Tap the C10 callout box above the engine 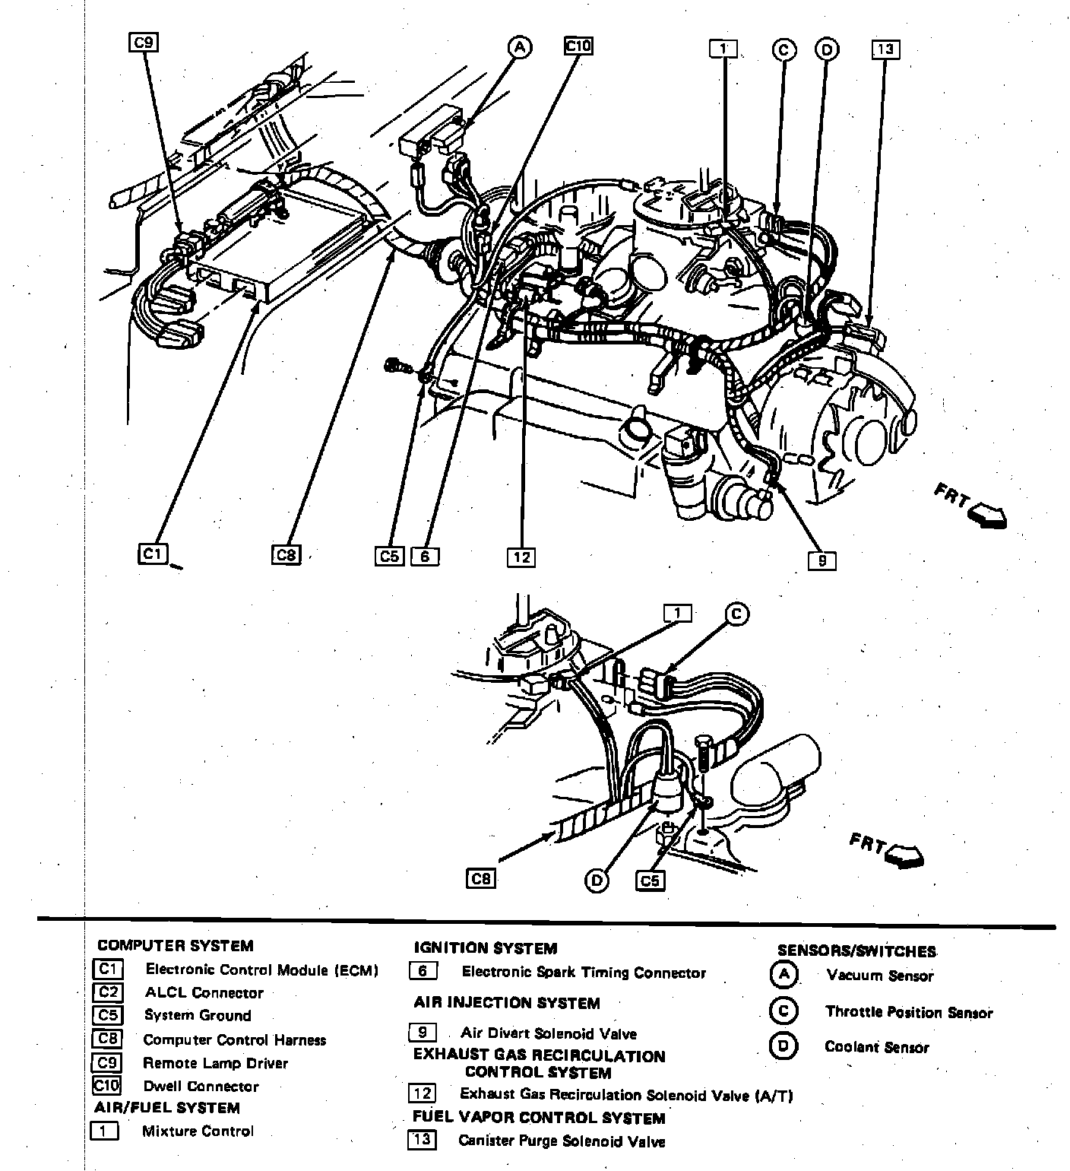point(578,46)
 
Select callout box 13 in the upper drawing point(885,49)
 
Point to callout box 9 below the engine point(822,561)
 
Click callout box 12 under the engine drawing point(521,557)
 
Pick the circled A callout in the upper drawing point(519,47)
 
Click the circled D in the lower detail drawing point(597,881)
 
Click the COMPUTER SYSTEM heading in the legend point(175,946)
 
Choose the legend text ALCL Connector point(204,992)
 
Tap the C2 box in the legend point(107,992)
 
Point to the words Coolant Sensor point(876,1047)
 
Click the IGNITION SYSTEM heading point(485,948)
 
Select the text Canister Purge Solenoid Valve point(562,1141)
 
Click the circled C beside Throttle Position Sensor point(783,1011)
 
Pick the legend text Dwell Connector point(201,1086)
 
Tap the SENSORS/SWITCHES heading point(856,950)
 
